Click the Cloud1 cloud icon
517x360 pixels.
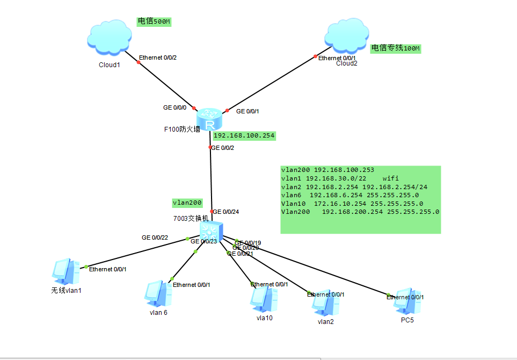coord(109,39)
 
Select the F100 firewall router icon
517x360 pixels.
coord(209,119)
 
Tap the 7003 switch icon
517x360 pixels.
coord(211,231)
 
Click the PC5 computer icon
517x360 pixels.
coord(406,302)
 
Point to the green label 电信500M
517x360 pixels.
coord(154,21)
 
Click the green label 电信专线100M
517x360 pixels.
coord(396,48)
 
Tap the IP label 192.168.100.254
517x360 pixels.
coord(244,136)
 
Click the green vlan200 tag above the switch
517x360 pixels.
coord(187,203)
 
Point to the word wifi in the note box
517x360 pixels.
coord(391,178)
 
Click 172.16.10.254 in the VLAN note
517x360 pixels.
coord(340,204)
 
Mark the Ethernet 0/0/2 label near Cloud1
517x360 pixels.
coord(157,57)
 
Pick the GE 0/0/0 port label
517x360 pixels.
coord(175,107)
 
